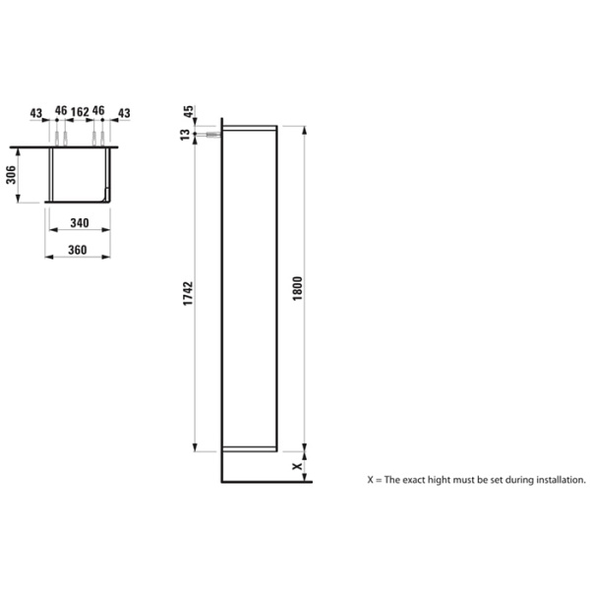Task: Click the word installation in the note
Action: click(556, 481)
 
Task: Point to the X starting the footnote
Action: click(370, 481)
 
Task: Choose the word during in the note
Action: click(511, 481)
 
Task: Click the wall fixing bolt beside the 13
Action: click(207, 133)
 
